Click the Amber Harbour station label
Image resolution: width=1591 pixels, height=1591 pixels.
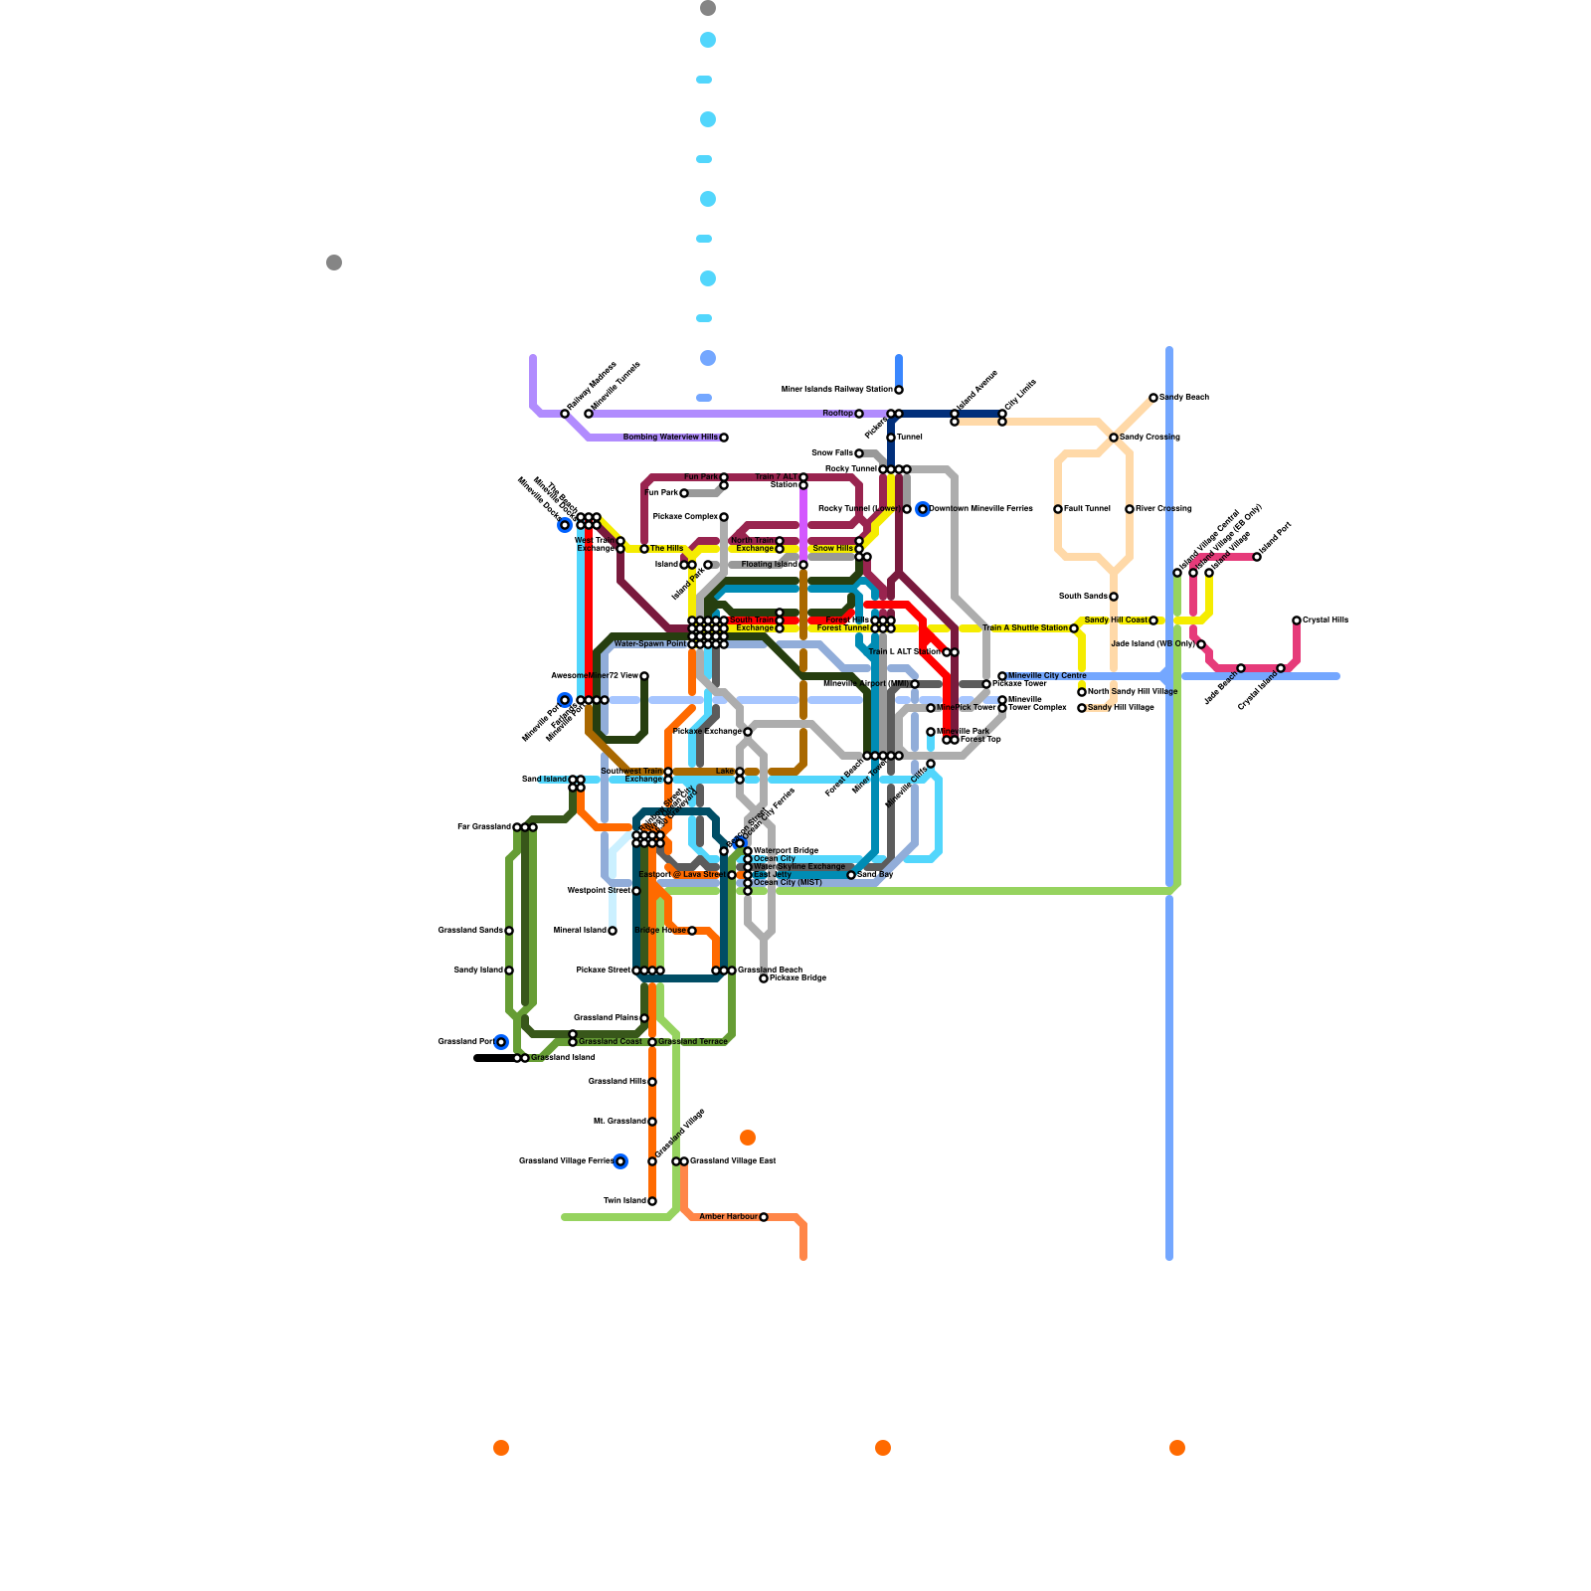click(728, 1217)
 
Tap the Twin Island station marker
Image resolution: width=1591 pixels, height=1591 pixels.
click(652, 1201)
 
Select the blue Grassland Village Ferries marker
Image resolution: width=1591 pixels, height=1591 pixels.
click(620, 1161)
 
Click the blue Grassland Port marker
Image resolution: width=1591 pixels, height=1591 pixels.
click(501, 1042)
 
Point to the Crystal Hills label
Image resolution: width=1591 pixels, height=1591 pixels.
click(1326, 620)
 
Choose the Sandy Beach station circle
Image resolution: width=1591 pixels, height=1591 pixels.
click(1153, 398)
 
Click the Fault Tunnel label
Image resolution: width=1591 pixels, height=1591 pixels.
click(1087, 509)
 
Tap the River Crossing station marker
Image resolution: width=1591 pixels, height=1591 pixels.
click(1130, 509)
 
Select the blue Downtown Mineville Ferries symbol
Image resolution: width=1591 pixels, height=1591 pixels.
click(923, 509)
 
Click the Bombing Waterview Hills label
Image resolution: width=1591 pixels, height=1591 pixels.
click(670, 438)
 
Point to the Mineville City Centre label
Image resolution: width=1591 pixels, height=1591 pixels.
click(1047, 676)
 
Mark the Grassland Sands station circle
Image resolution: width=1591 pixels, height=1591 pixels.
click(509, 931)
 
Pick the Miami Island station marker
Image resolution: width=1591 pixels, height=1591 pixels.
click(613, 931)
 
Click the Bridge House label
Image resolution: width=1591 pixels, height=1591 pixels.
click(660, 931)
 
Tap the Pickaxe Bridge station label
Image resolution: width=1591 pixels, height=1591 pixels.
click(798, 978)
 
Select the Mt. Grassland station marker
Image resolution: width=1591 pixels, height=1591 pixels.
click(652, 1122)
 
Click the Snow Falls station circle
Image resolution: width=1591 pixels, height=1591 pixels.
click(859, 453)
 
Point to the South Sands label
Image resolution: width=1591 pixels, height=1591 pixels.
click(1083, 597)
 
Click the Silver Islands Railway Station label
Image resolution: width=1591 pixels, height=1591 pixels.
click(837, 390)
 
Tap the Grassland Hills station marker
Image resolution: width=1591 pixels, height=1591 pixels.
click(652, 1082)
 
